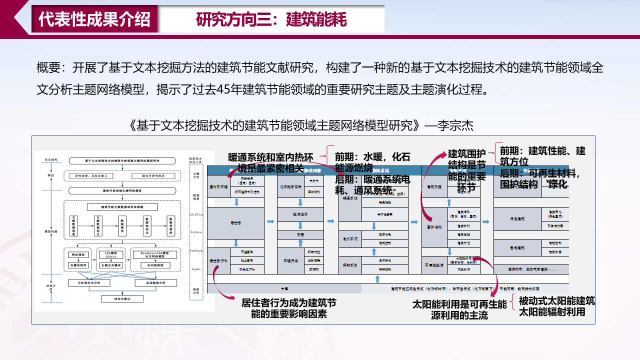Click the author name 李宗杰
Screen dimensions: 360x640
pos(455,125)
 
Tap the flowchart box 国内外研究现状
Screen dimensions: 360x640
pos(153,176)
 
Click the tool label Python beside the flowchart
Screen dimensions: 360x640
pos(196,232)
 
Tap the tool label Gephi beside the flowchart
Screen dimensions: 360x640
pos(196,268)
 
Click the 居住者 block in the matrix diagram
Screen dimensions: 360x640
pos(235,223)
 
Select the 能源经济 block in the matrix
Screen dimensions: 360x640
pos(300,214)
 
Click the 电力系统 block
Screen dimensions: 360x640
pos(350,239)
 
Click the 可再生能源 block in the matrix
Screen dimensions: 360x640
pos(434,265)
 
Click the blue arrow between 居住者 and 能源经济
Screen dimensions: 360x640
pos(270,221)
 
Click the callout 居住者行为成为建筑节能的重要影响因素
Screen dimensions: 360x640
pos(289,308)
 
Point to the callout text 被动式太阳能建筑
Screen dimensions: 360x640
pos(556,301)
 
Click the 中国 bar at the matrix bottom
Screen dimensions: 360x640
pos(284,289)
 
